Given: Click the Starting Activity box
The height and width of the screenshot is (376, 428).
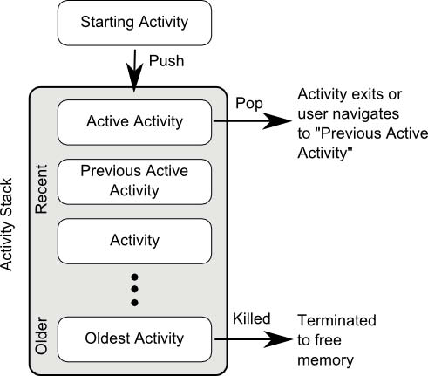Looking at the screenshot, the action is coord(134,23).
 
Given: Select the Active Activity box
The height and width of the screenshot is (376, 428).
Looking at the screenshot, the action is coord(134,122).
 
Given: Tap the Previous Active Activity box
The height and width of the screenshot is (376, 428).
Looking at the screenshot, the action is coord(134,181).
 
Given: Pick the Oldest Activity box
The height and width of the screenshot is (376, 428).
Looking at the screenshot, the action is coord(134,339).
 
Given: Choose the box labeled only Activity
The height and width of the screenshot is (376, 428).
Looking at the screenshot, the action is coord(134,241).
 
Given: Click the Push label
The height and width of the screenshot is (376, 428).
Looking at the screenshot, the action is coord(166,61).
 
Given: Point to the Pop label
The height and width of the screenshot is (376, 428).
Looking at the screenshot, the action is coord(249,104).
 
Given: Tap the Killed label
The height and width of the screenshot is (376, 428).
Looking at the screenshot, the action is coord(252,318).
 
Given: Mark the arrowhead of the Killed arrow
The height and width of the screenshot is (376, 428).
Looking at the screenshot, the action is coord(278,339).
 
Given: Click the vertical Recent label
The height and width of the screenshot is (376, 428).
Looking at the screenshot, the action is coord(41,189).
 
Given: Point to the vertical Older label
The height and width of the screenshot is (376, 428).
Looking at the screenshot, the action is coord(41,336).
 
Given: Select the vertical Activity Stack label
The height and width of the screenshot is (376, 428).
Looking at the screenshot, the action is coord(6,224).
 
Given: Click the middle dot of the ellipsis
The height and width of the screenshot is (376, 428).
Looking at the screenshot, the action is coord(134,289).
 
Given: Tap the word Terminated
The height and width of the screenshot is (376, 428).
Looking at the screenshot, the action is coord(337,320).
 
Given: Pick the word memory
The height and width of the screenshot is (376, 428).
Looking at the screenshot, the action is coord(325,361).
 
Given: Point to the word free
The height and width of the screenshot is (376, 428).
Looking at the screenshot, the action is coord(327,340).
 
